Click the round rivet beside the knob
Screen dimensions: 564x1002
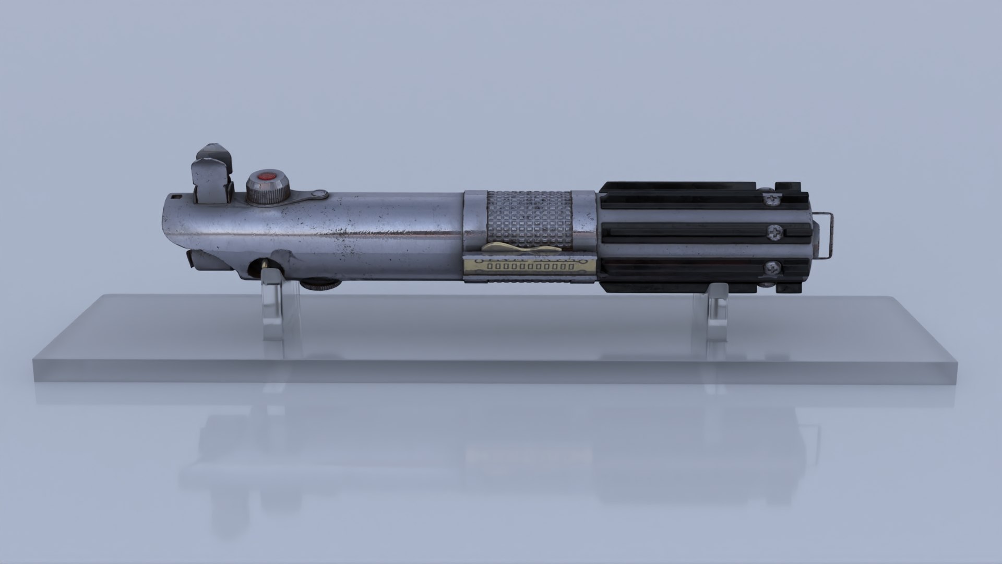[x=318, y=195]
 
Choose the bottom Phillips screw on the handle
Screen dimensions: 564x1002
[x=771, y=269]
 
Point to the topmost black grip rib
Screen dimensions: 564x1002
[x=678, y=188]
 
